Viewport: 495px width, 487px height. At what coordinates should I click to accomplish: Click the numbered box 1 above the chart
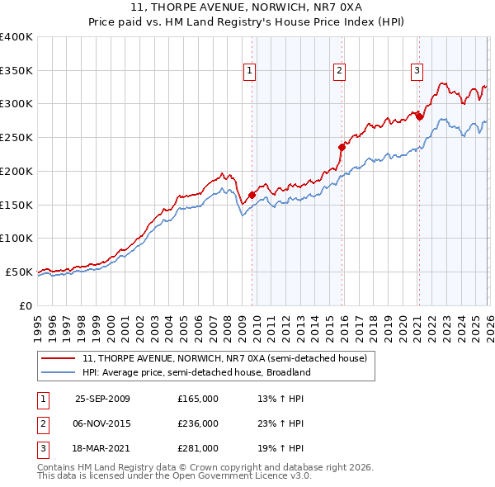coord(250,72)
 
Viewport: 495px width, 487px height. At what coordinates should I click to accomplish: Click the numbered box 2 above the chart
coord(339,72)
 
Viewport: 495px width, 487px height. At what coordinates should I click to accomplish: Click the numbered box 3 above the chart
coord(417,72)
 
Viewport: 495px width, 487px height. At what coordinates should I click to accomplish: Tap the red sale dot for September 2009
coord(252,196)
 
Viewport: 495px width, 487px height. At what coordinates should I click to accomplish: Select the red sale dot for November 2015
coord(341,148)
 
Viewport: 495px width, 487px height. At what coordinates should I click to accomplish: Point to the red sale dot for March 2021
coord(419,116)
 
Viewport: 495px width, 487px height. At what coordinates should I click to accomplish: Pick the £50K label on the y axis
coord(20,272)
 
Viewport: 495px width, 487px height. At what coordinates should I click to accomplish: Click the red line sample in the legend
coord(59,358)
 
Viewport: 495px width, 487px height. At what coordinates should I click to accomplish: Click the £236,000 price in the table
coord(198,423)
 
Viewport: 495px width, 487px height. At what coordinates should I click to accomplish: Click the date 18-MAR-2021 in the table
coord(102,448)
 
